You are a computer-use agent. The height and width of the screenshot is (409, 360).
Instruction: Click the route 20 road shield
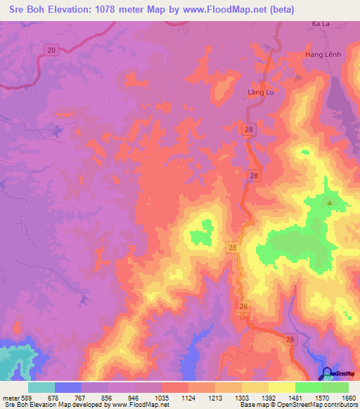50,49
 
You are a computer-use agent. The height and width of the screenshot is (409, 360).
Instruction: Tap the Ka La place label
321,24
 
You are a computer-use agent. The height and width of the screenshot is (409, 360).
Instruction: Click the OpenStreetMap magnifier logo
328,373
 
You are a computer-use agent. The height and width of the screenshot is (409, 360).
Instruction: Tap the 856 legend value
108,398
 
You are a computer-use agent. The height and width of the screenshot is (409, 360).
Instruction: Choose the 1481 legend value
293,398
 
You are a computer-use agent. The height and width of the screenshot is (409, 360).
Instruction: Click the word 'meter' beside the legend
10,398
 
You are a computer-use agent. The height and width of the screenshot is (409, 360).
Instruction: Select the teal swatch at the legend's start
41,387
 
